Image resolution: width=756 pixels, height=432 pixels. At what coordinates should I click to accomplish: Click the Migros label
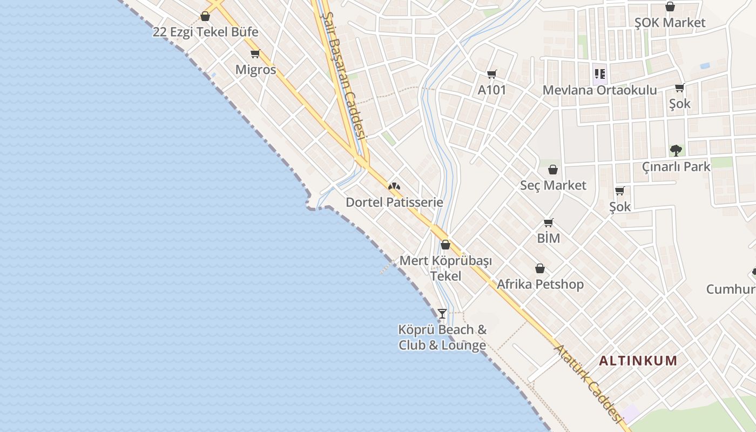255,70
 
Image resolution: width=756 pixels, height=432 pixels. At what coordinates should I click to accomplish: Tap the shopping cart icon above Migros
255,53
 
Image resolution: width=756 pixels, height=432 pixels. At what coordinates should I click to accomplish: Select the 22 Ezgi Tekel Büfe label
205,32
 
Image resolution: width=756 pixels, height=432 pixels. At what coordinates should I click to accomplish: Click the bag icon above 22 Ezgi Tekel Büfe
205,16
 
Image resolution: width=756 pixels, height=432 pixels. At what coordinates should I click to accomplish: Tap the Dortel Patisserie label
394,202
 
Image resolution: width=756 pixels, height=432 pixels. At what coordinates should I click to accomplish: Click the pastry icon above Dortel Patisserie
394,186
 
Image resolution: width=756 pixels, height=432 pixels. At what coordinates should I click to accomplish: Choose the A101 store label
492,90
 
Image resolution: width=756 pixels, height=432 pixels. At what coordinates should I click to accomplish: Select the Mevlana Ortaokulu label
599,90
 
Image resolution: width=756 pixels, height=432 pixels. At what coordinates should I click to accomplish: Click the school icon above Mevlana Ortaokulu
599,74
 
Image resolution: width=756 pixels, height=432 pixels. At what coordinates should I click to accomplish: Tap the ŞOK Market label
670,23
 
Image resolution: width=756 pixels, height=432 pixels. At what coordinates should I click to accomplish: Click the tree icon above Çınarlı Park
676,151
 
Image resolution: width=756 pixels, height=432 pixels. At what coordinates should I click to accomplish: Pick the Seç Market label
553,185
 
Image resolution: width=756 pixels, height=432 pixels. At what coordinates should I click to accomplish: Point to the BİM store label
548,238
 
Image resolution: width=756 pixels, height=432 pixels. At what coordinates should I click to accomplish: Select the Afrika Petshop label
540,284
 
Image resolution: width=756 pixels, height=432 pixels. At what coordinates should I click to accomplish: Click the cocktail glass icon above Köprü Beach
442,313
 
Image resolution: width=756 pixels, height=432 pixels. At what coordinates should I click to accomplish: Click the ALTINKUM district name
638,361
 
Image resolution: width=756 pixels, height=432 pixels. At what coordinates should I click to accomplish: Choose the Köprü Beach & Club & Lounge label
442,337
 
